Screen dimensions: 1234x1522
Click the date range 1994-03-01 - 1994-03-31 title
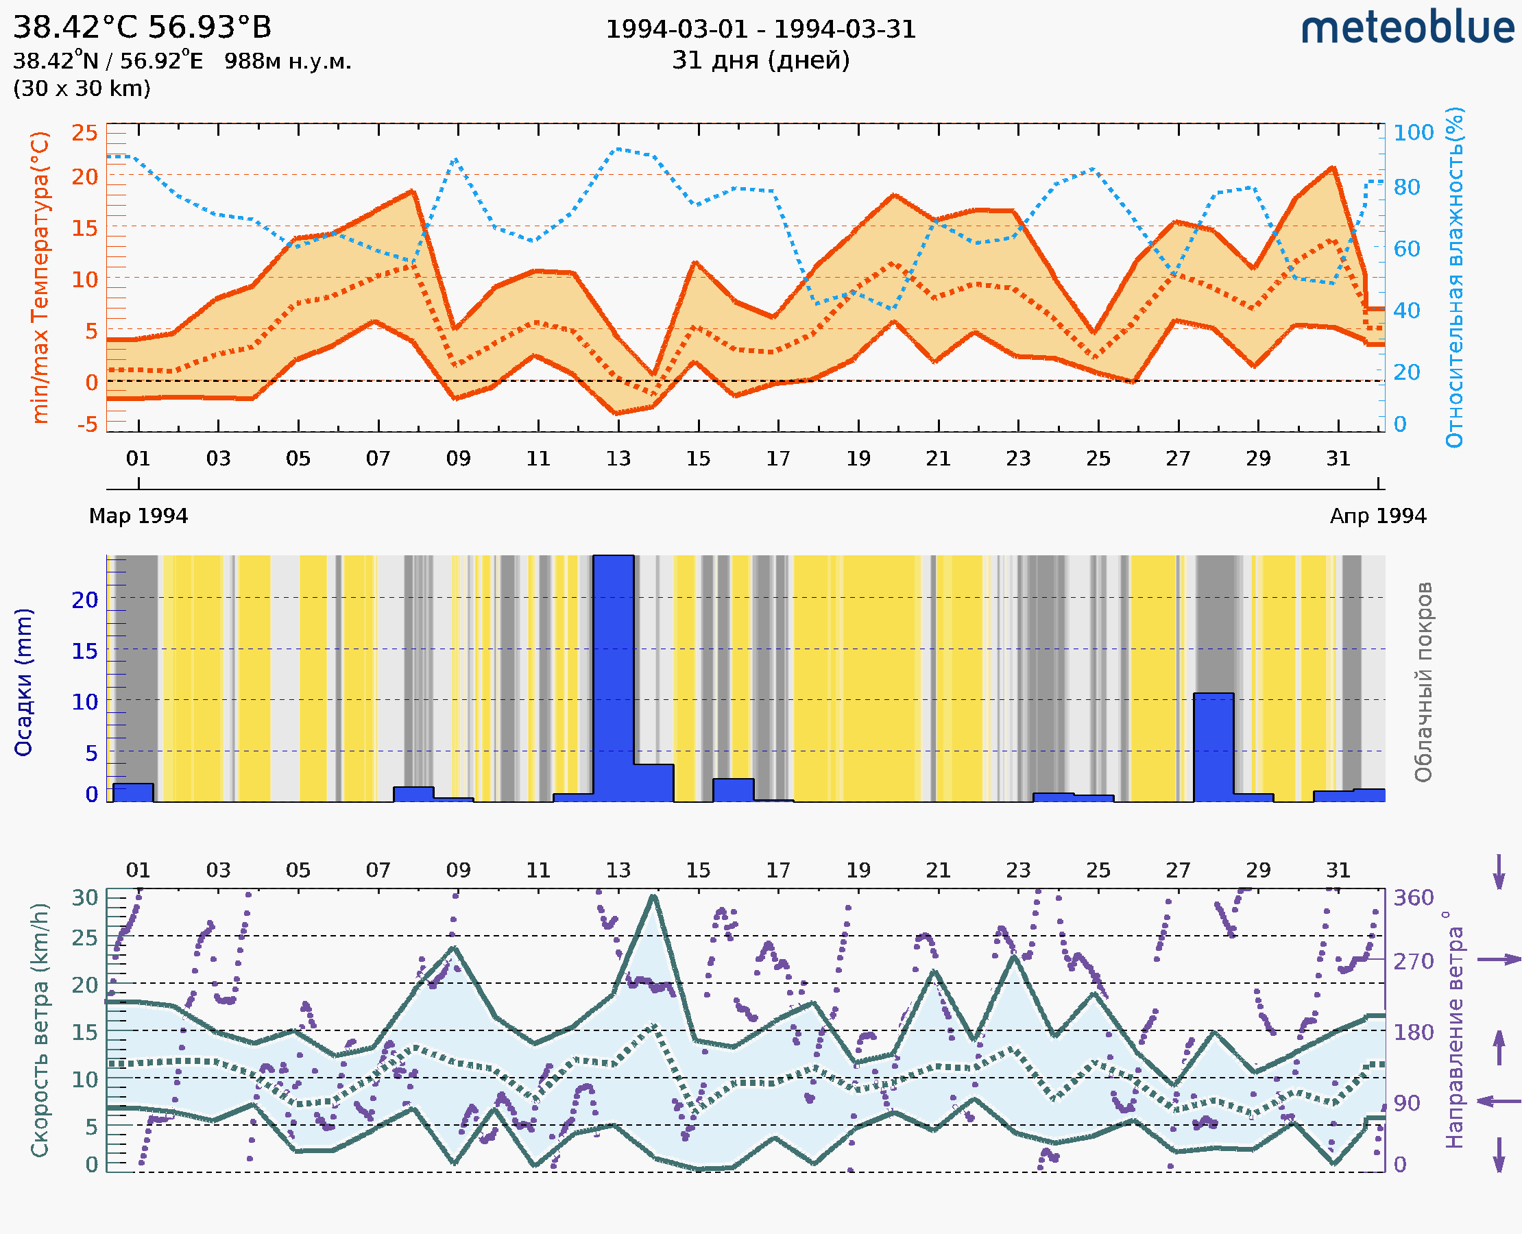click(x=760, y=29)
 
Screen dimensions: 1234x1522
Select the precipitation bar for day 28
click(x=1213, y=747)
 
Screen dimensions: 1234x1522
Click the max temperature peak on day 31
click(x=1333, y=168)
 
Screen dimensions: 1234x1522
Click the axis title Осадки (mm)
click(x=23, y=681)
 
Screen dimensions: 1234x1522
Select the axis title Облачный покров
click(x=1423, y=681)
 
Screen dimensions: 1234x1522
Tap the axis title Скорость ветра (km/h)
click(x=40, y=1030)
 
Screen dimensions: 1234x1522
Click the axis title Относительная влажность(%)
click(x=1454, y=277)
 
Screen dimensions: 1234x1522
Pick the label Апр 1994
click(x=1378, y=516)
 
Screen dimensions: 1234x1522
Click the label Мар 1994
click(x=138, y=516)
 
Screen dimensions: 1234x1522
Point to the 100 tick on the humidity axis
click(x=1413, y=133)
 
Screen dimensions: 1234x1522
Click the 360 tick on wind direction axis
click(x=1413, y=898)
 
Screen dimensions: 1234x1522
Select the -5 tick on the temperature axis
click(x=88, y=425)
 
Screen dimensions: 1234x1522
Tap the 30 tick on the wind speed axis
click(x=85, y=898)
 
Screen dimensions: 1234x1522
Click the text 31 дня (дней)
click(x=760, y=60)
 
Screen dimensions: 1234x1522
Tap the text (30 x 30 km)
click(x=82, y=89)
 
